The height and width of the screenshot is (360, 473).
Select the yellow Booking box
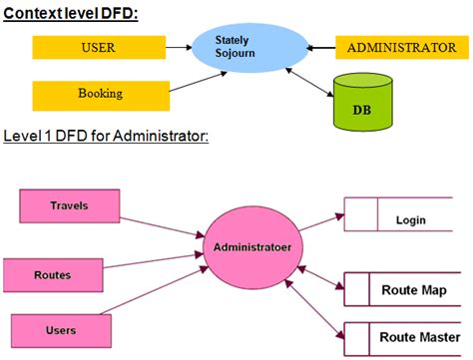(x=99, y=95)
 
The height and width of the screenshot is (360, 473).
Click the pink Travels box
(x=69, y=206)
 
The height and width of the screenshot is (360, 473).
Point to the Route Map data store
(x=408, y=290)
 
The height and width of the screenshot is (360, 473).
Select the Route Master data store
(x=408, y=338)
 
